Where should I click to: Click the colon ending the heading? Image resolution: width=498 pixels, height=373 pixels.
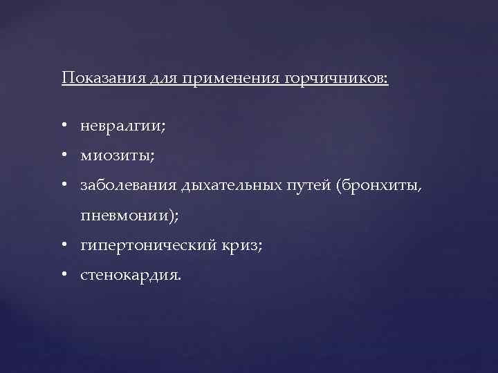[387, 78]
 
